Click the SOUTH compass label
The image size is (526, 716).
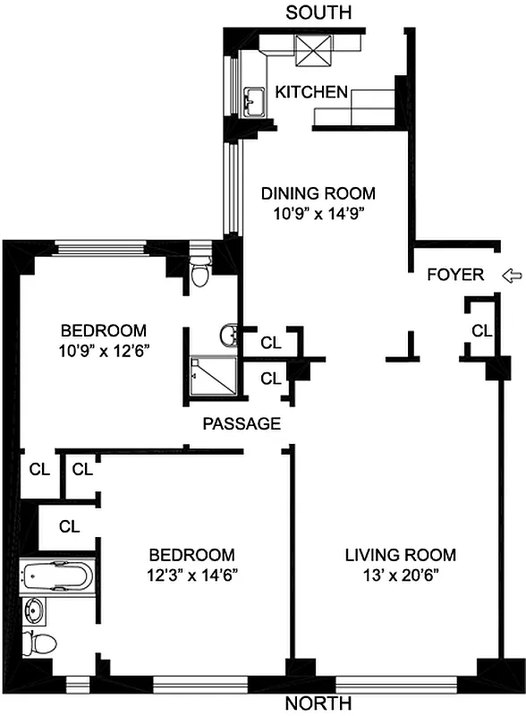pos(318,13)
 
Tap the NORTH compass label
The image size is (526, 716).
pos(318,703)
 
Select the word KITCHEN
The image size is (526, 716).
pos(310,91)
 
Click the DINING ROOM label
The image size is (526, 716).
pos(318,193)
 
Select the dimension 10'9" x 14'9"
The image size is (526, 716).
pos(318,214)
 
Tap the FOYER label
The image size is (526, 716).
pos(455,275)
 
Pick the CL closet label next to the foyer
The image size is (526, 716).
pos(481,331)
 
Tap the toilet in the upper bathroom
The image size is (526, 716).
pos(201,271)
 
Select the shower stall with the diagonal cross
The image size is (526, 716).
pos(209,376)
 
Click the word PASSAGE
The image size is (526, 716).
pos(242,423)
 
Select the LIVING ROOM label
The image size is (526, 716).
pos(401,555)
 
